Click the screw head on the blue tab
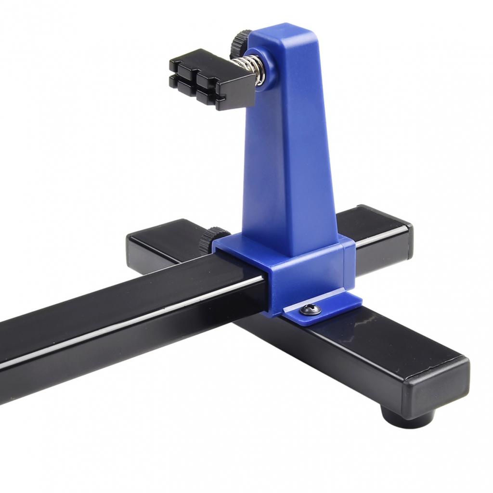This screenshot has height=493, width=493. coord(310,310)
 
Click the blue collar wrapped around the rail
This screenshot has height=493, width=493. coord(308,274)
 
